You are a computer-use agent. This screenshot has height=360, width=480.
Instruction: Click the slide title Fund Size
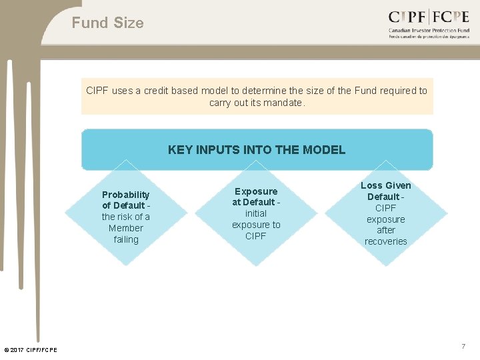click(x=107, y=23)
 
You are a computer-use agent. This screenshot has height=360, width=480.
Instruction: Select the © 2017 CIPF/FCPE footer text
click(x=31, y=350)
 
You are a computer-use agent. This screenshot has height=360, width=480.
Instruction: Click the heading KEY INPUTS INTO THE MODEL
click(x=257, y=149)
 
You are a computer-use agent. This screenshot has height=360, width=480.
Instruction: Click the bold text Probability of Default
click(x=125, y=200)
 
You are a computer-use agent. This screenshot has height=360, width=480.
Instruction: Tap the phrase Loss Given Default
click(x=385, y=191)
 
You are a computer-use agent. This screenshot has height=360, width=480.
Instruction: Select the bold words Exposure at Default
click(x=255, y=197)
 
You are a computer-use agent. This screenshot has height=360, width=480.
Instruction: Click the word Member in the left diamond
click(x=126, y=228)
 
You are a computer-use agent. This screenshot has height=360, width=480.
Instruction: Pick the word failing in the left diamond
click(x=126, y=239)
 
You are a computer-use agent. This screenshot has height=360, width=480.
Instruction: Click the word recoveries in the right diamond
click(x=385, y=241)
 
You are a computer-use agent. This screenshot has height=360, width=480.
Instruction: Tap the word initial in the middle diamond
click(x=256, y=213)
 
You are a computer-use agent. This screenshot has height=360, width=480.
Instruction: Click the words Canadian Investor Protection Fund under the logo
click(x=429, y=31)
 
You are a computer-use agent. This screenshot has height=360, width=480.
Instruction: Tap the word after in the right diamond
click(x=386, y=230)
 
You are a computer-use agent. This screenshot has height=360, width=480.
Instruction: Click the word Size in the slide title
click(x=129, y=23)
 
